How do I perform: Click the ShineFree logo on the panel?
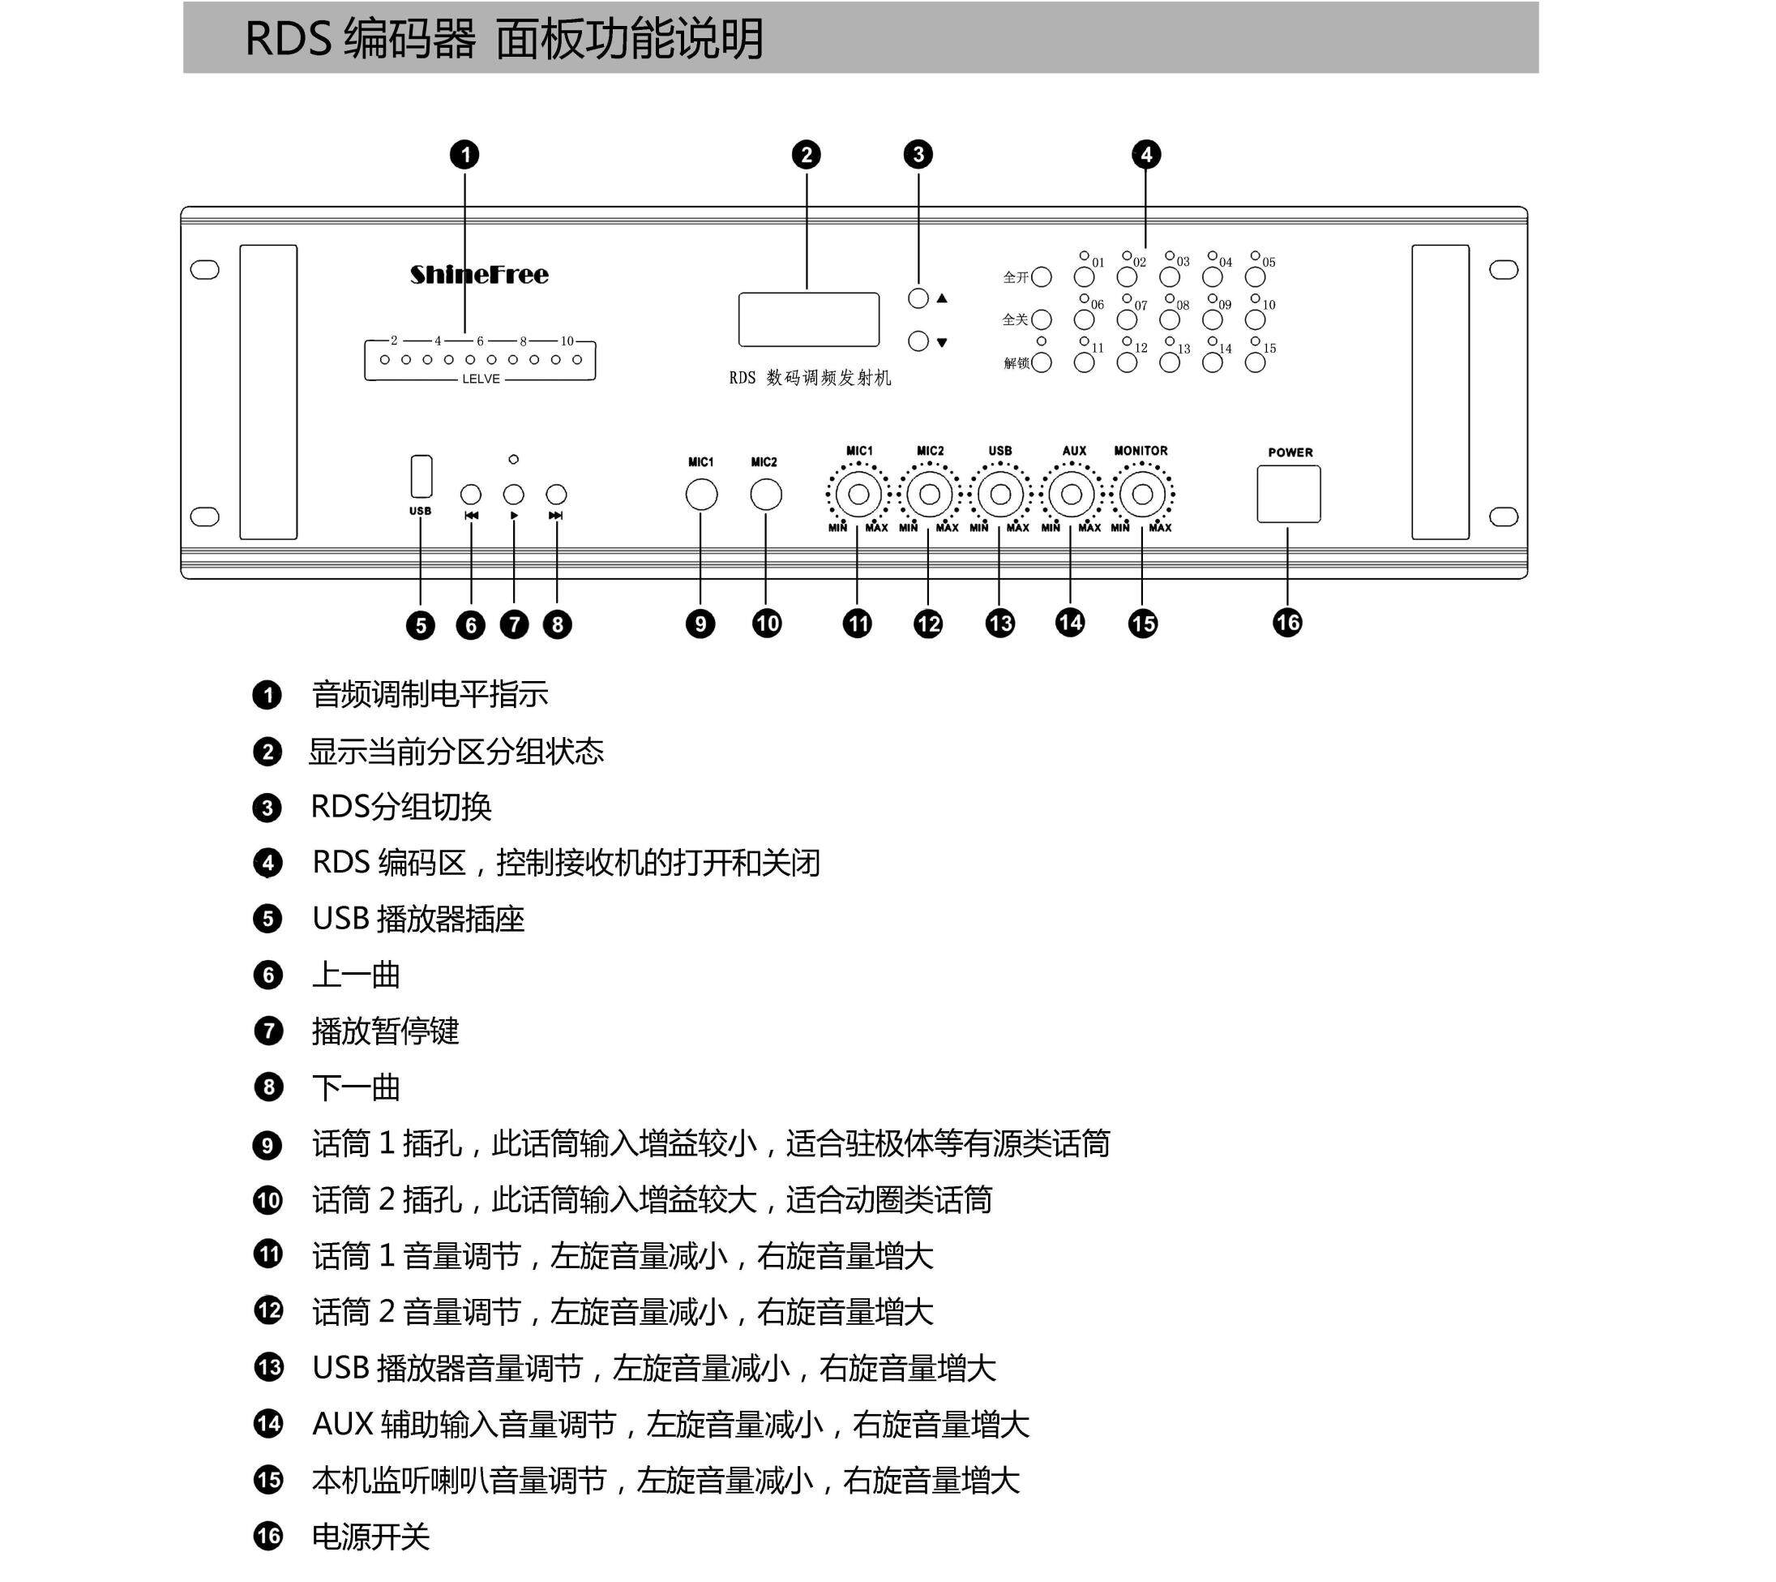tap(479, 275)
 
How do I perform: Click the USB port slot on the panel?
tap(422, 475)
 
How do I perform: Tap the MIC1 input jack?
tap(701, 495)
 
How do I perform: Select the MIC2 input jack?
tap(765, 495)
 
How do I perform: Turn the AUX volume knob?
tap(1072, 495)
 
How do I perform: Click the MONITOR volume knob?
tap(1143, 495)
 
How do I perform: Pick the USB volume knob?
tap(1000, 495)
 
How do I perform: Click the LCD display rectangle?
tap(808, 319)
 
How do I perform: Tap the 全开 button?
tap(1041, 277)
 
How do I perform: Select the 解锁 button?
tap(1041, 362)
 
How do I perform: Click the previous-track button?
tap(471, 495)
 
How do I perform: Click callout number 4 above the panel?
tap(1146, 155)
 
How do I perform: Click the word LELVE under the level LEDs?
tap(481, 379)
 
